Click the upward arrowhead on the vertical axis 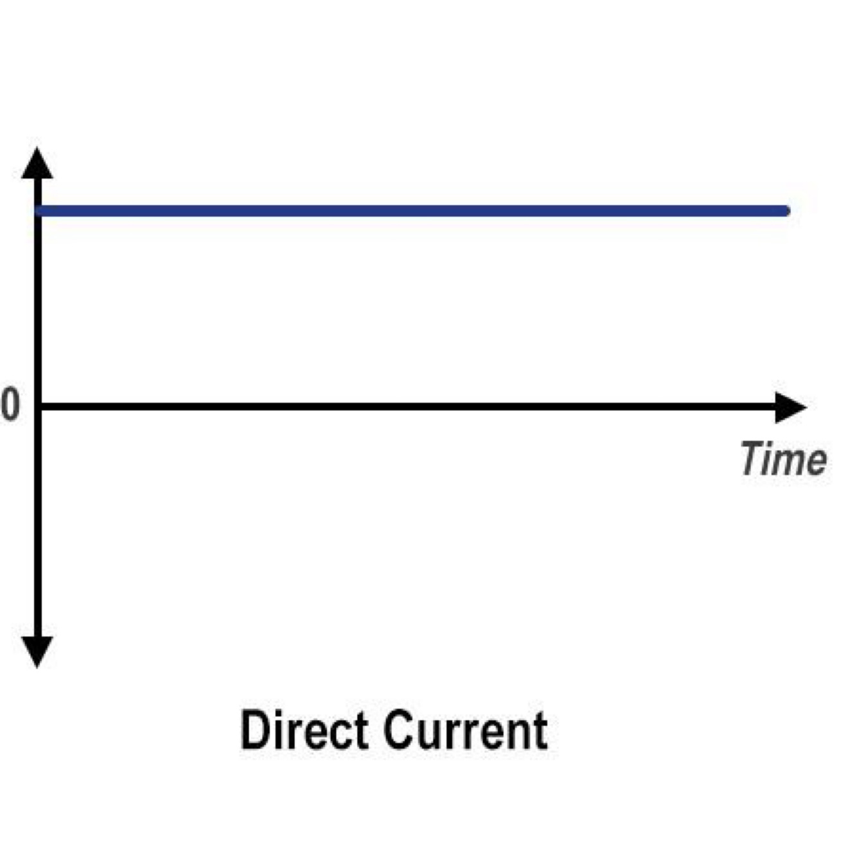tap(37, 164)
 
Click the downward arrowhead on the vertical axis tap(37, 650)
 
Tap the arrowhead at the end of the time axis tap(790, 407)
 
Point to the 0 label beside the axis tap(10, 406)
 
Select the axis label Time tap(783, 459)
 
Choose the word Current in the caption tap(466, 730)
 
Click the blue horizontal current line tap(411, 211)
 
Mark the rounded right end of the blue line tap(784, 211)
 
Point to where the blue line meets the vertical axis tap(38, 211)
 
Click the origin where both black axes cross tap(38, 407)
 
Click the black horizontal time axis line tap(411, 407)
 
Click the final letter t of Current tap(540, 731)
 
